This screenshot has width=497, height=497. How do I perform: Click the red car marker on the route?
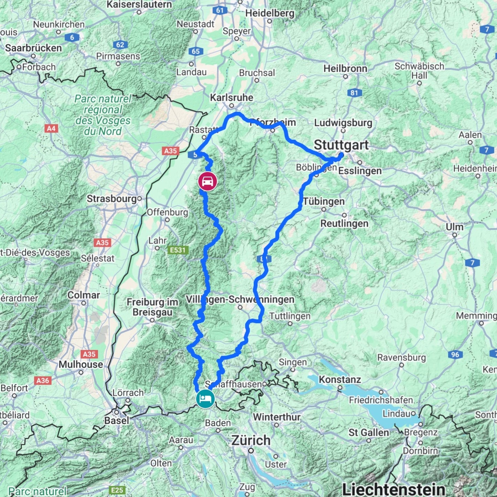[x=207, y=181]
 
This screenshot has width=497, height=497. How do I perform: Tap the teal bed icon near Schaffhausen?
[x=205, y=399]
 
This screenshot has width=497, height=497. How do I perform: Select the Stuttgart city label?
[x=341, y=145]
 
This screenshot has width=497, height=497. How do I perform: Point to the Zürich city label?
[x=251, y=440]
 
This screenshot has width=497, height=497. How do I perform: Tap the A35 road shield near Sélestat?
[x=102, y=242]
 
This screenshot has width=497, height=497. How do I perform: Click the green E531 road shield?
[x=178, y=250]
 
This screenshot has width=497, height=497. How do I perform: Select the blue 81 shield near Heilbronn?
[x=354, y=93]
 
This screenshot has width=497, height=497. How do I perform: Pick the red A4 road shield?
[x=51, y=129]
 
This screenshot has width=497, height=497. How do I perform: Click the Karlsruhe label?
[x=231, y=98]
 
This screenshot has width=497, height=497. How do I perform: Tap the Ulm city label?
[x=454, y=227]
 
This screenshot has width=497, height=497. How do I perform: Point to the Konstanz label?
[x=340, y=379]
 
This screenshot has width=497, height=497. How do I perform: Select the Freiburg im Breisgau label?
[x=152, y=307]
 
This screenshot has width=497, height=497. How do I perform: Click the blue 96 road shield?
[x=455, y=355]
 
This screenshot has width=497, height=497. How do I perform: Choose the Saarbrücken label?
[x=33, y=48]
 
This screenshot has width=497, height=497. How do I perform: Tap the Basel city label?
[x=117, y=420]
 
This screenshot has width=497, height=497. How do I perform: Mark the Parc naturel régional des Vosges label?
[x=103, y=115]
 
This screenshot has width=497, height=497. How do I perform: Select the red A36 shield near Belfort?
[x=43, y=380]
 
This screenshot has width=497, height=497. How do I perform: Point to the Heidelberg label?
[x=270, y=13]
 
